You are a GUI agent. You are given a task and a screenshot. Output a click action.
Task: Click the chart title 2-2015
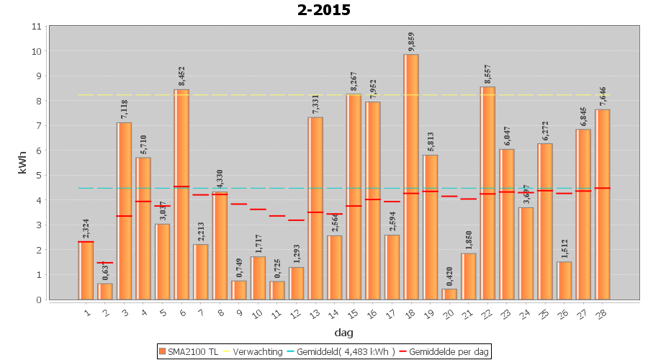(x=323, y=10)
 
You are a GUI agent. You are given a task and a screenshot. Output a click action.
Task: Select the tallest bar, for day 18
(x=411, y=176)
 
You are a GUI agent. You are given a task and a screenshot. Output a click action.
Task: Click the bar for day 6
(x=181, y=194)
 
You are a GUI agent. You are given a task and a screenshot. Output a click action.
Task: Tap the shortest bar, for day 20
(x=449, y=294)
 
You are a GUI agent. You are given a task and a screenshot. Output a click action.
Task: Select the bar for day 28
(x=603, y=204)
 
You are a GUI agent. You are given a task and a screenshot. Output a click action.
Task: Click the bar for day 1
(x=86, y=270)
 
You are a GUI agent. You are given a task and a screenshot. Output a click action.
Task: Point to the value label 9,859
(x=411, y=42)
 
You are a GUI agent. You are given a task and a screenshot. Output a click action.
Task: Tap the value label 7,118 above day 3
(x=124, y=109)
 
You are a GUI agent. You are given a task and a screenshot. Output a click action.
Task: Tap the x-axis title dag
(x=343, y=333)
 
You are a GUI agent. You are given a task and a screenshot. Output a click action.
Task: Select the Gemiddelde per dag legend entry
(x=444, y=351)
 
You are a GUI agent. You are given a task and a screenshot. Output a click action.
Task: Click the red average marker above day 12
(x=296, y=220)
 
